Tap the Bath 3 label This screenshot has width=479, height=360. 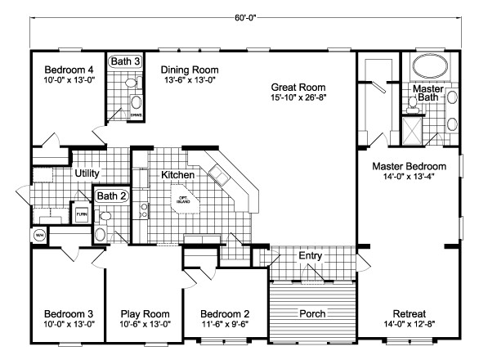[126, 61]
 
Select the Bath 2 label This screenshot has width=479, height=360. [110, 196]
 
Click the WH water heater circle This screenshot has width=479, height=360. [39, 236]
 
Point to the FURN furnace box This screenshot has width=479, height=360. [82, 214]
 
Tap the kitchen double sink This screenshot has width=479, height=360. [218, 173]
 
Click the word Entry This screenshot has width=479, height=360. [310, 256]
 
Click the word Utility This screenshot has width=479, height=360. [87, 173]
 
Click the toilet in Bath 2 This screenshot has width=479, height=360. [101, 234]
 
